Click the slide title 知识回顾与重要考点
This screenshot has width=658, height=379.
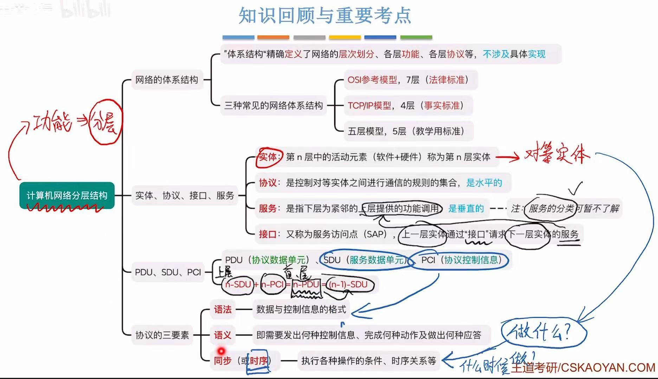pos(325,15)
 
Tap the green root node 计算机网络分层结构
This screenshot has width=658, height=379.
pos(67,195)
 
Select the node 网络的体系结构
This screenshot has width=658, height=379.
pos(167,80)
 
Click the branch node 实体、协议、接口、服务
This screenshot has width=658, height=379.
pos(185,196)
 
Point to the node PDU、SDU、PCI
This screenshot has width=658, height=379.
pos(168,272)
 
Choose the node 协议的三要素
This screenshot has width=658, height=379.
pos(162,335)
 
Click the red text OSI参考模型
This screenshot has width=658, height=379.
pos(372,80)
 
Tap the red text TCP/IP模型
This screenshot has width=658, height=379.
pos(369,106)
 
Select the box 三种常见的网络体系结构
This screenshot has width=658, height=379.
pos(273,106)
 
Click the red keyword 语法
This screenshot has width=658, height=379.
pos(222,309)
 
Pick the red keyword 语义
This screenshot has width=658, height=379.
pos(222,335)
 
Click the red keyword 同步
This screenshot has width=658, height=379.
pos(222,361)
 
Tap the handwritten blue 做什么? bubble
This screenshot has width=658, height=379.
pos(543,332)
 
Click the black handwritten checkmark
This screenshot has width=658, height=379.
pos(575,188)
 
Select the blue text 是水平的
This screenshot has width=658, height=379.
pos(484,183)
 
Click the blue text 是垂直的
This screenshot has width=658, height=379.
pos(466,209)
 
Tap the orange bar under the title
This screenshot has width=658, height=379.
pos(273,37)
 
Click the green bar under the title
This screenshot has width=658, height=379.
pos(416,37)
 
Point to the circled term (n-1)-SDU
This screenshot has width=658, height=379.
pos(348,285)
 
